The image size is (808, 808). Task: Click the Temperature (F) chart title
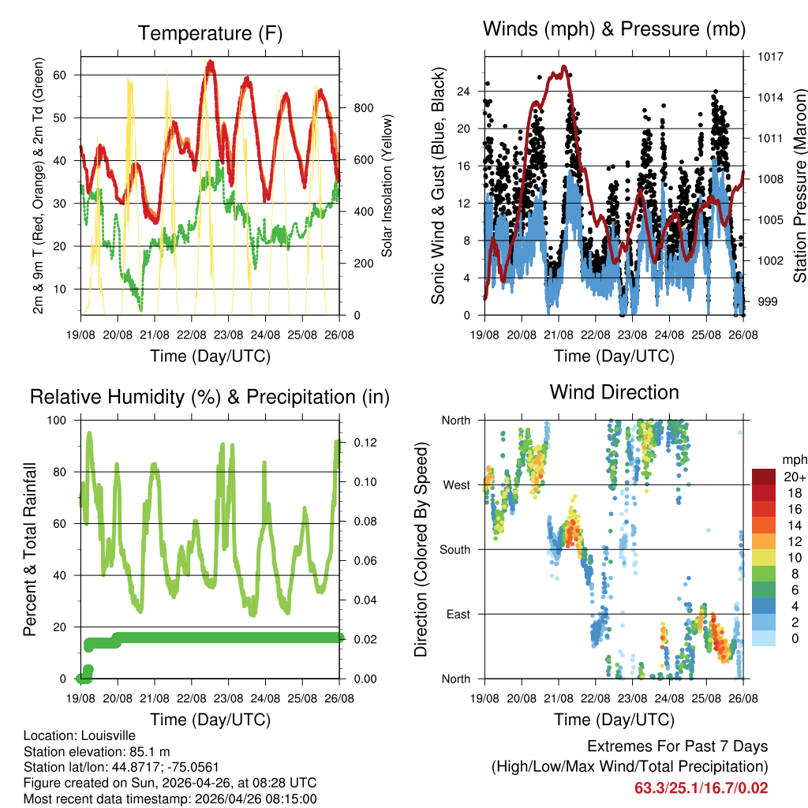[x=209, y=34]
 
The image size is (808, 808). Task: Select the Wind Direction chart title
[x=614, y=392]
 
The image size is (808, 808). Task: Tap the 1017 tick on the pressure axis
[x=769, y=57]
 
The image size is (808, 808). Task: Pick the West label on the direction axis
[x=456, y=484]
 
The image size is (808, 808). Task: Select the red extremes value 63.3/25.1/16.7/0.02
[x=701, y=787]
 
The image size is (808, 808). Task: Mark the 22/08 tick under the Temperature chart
[x=192, y=335]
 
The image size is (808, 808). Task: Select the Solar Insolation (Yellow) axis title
[x=387, y=185]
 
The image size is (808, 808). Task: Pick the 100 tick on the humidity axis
[x=58, y=420]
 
